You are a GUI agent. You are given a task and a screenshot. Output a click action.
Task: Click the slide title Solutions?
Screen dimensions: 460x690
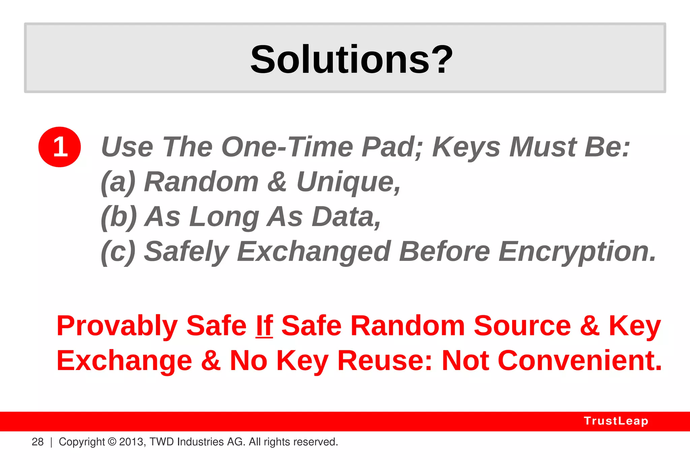point(351,60)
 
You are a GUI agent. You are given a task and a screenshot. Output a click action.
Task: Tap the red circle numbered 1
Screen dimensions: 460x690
point(60,147)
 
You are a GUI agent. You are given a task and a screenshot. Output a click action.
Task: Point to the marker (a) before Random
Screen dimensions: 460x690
point(118,182)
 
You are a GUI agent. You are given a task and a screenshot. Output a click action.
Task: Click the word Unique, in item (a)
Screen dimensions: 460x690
point(348,182)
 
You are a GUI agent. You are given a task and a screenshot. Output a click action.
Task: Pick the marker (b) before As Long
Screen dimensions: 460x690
point(119,217)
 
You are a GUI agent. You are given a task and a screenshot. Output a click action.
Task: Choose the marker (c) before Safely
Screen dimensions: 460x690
point(118,251)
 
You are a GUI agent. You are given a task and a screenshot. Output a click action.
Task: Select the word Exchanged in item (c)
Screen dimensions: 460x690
point(314,251)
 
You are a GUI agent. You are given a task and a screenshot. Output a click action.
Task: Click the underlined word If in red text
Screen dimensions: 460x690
point(264,326)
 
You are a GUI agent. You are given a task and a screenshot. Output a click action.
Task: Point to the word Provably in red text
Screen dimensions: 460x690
point(117,326)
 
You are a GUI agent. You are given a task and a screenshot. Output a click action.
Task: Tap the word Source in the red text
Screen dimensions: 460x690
point(522,326)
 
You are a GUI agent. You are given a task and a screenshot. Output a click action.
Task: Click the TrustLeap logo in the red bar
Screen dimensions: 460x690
point(616,421)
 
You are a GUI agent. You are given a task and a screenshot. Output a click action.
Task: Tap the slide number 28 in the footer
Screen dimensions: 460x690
point(38,442)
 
